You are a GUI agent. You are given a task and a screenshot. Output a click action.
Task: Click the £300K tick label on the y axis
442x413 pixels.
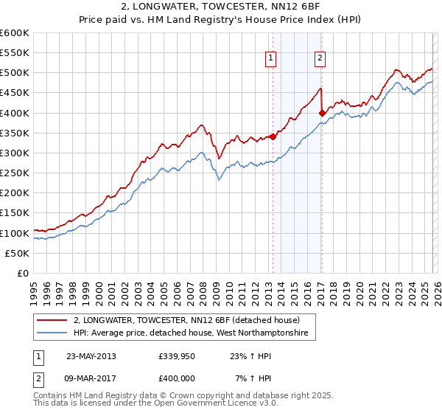pos(15,153)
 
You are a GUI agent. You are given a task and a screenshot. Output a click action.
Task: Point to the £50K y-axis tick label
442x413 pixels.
pos(17,253)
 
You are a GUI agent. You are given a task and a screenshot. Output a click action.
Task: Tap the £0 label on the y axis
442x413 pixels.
pos(23,273)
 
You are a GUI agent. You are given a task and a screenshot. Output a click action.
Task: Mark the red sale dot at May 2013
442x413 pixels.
pos(273,136)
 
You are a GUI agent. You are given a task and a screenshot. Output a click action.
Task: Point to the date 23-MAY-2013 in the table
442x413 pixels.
pos(91,355)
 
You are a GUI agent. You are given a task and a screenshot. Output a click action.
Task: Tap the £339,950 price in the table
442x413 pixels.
pos(176,355)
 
